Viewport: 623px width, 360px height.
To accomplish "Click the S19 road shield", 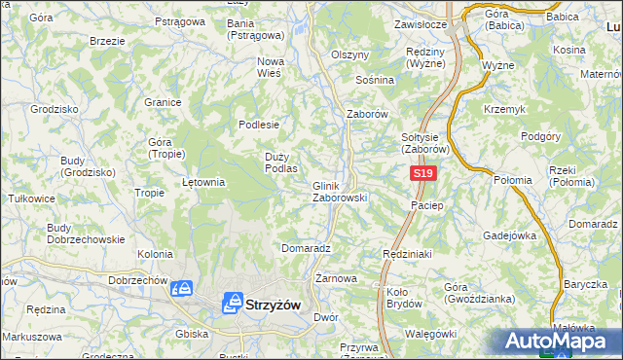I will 421,173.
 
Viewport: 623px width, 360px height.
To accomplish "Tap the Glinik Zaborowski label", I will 339,192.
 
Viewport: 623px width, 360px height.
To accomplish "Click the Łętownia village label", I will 204,181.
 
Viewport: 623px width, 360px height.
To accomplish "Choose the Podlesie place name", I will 260,124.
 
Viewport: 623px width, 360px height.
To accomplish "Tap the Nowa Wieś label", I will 270,66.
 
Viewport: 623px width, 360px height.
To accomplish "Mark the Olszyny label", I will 350,54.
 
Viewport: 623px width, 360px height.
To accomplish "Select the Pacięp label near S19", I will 427,205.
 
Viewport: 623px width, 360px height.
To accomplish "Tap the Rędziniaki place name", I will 406,252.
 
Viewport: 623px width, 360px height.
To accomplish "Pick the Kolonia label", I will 155,254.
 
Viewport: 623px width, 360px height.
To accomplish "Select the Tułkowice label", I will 31,197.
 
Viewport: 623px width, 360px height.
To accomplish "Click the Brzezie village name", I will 106,41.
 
